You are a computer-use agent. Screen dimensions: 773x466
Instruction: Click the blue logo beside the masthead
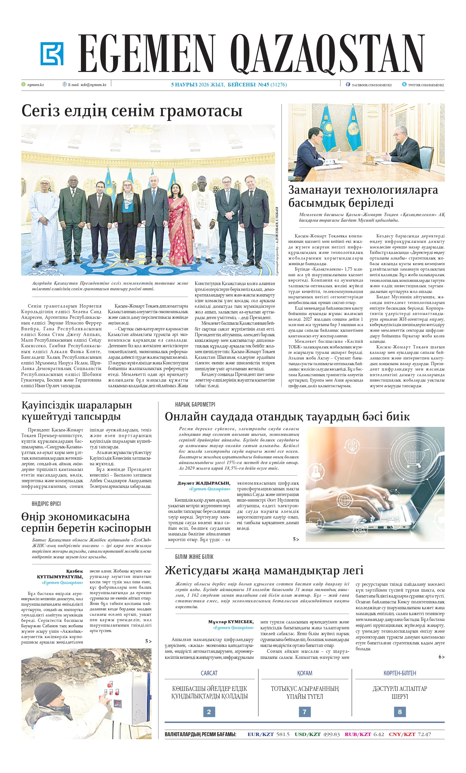click(x=52, y=54)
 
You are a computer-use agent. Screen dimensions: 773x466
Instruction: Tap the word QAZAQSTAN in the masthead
click(x=328, y=54)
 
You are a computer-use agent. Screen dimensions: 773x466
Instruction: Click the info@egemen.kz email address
click(x=93, y=85)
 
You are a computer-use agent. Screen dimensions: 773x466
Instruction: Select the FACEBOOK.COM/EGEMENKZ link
click(x=372, y=85)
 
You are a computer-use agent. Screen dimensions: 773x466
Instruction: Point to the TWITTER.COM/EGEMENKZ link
click(x=426, y=85)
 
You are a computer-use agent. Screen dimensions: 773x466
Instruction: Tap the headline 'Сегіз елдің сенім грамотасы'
click(x=132, y=111)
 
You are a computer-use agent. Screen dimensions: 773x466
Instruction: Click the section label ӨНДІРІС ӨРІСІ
click(x=46, y=504)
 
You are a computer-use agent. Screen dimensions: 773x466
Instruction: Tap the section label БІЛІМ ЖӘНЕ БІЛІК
click(x=194, y=557)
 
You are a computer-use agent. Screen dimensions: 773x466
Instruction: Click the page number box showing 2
click(x=209, y=712)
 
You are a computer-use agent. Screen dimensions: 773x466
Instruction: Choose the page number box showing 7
click(x=304, y=712)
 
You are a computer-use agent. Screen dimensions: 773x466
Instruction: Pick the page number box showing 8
click(x=399, y=712)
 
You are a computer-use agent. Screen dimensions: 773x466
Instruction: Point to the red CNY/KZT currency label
click(x=402, y=734)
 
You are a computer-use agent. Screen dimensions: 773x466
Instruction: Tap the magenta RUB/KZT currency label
click(x=358, y=734)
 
